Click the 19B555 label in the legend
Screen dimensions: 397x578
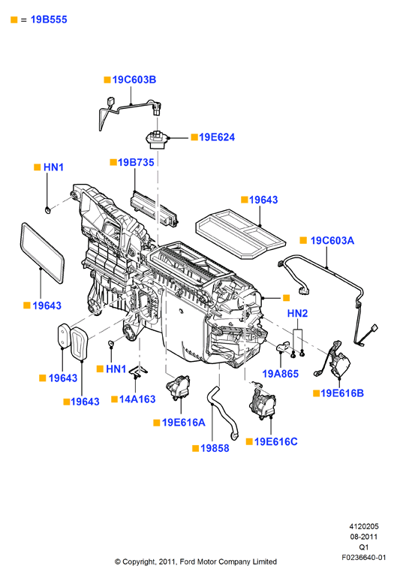49,20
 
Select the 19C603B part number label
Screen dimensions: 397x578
134,80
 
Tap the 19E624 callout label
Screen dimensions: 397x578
217,137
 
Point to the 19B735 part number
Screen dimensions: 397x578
136,162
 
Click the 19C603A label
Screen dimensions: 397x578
332,240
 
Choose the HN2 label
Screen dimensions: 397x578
297,313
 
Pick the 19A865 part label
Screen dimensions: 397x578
280,374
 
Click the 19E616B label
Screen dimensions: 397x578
342,393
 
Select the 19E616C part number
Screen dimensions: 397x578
275,441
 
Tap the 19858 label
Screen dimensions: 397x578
215,448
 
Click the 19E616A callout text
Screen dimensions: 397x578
184,423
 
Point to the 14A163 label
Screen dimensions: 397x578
137,399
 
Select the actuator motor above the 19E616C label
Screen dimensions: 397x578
263,402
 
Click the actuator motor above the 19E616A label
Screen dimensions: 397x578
178,387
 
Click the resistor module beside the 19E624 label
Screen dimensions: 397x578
156,140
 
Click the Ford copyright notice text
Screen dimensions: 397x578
196,561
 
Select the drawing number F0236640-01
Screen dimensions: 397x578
364,557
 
